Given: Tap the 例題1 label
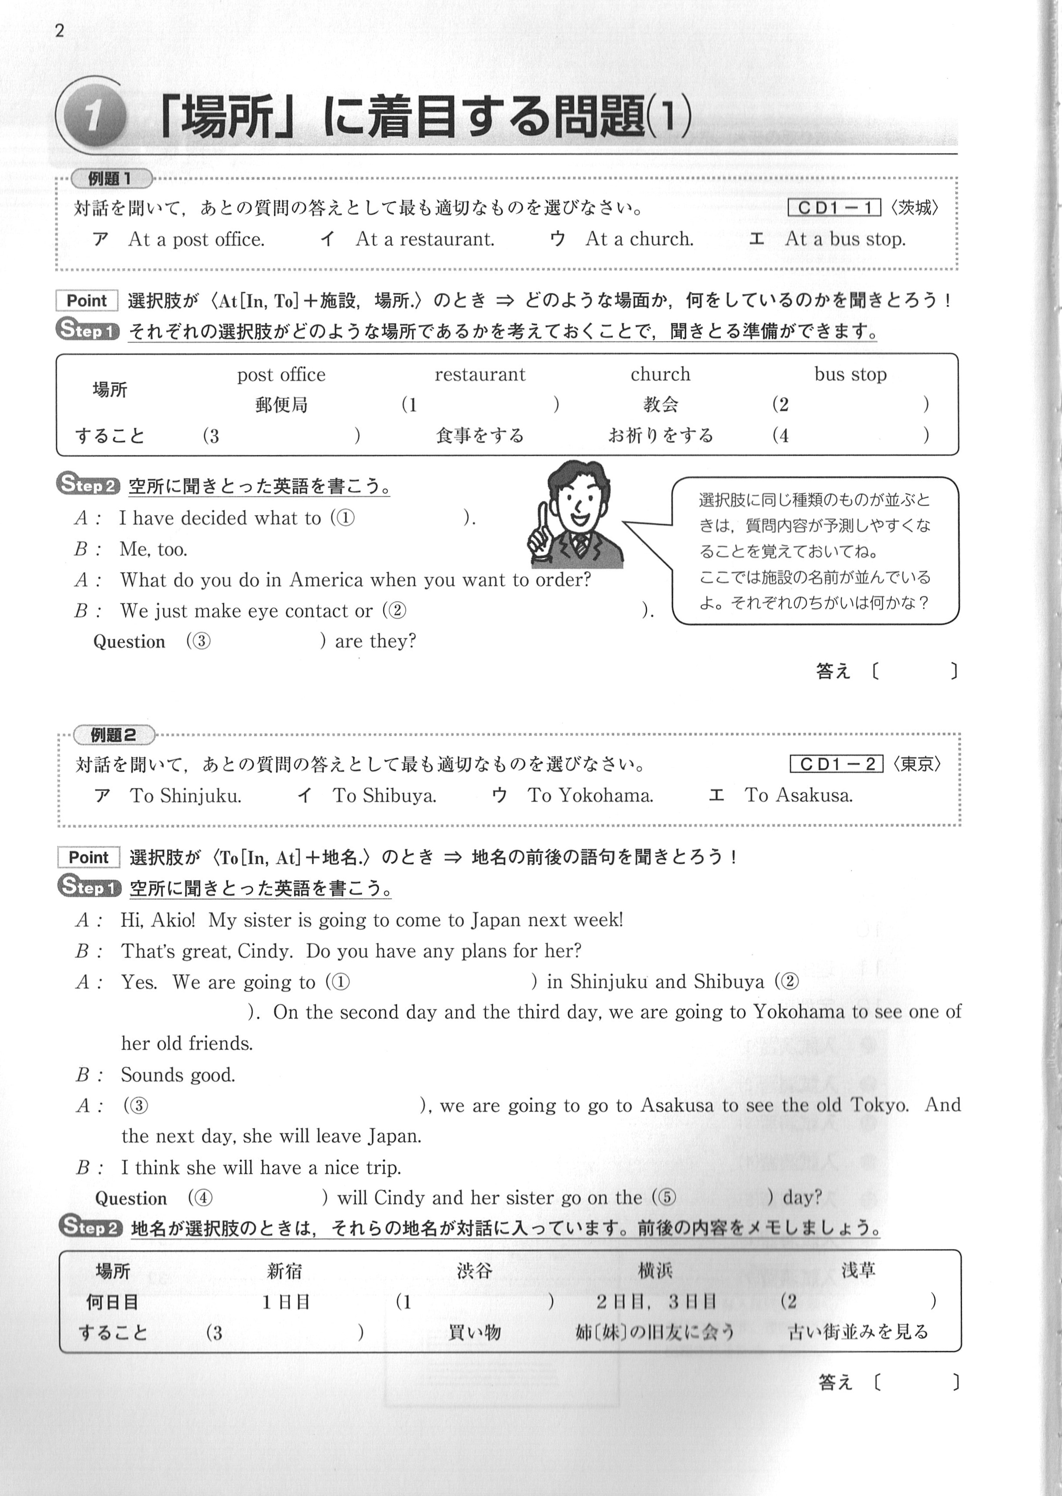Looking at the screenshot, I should click(110, 179).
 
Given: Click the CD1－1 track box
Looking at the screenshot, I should click(834, 208).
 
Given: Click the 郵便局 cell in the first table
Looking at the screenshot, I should click(281, 405).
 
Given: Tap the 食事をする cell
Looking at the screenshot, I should click(480, 436).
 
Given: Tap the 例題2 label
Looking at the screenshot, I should click(113, 735).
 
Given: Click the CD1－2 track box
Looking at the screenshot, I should click(836, 764).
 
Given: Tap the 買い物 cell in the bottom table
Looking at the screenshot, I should click(474, 1332).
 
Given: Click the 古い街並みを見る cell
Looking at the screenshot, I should click(858, 1332).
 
